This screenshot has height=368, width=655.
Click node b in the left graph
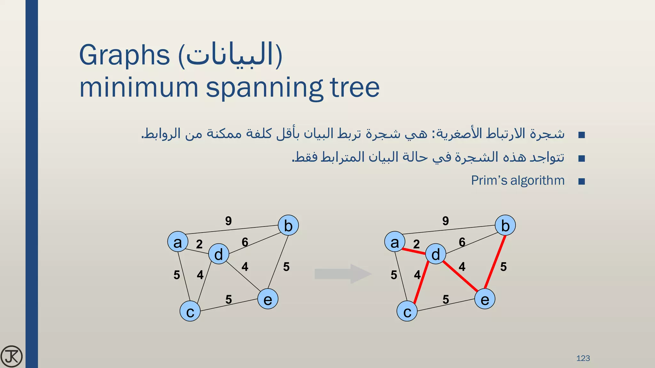(288, 226)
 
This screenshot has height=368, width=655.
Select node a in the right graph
(395, 242)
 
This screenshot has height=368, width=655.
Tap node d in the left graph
(218, 254)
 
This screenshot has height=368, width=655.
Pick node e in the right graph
(485, 299)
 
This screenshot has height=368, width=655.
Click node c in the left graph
(190, 311)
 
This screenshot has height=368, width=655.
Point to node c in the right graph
(407, 311)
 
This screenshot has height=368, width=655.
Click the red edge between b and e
(495, 262)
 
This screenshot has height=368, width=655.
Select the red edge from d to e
(461, 276)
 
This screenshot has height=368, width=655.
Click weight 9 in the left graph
(228, 221)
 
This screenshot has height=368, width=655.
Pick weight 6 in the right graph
(462, 242)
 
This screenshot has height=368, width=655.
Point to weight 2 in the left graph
(199, 244)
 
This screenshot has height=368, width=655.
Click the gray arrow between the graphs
(342, 274)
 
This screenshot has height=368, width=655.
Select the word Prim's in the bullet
(489, 180)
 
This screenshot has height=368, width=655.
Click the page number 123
(583, 358)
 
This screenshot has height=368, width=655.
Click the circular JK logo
(12, 356)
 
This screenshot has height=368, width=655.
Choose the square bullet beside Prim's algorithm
(581, 182)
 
